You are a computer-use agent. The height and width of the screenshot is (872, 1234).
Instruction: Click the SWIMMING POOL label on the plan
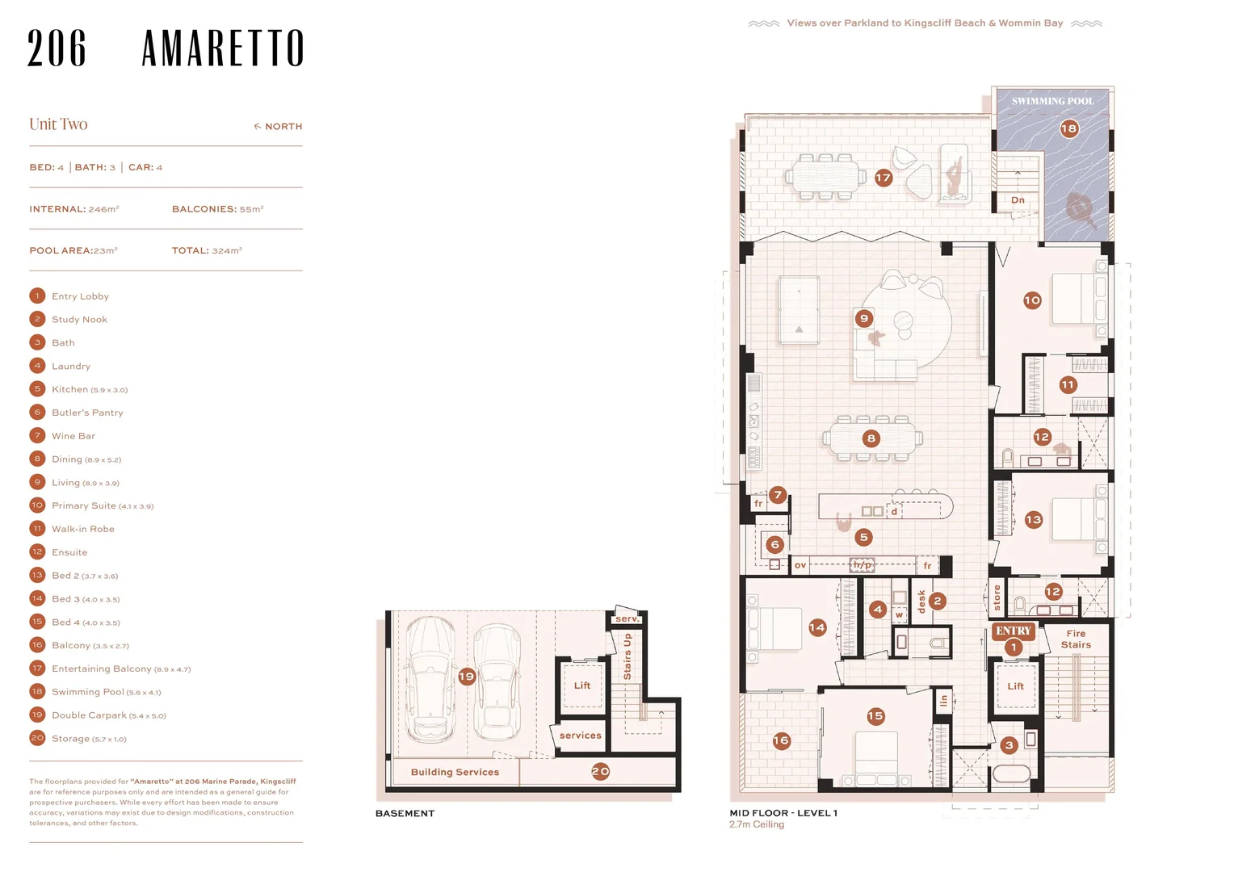1052,102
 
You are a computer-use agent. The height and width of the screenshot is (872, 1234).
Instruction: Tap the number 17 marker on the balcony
883,178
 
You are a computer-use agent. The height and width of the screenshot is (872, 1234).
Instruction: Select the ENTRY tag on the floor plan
1013,631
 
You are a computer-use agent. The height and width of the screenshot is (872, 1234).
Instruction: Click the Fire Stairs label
1076,639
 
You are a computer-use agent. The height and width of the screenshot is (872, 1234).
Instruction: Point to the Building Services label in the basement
455,772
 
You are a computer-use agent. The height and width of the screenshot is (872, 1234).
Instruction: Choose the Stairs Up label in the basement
627,656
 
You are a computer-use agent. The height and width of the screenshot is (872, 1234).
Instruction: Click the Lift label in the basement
581,685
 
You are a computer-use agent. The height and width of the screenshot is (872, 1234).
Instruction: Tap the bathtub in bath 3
1011,773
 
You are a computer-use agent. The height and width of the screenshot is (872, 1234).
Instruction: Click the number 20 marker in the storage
601,771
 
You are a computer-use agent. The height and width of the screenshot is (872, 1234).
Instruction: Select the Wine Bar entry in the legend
73,436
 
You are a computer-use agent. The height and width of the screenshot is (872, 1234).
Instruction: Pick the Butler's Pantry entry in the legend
87,413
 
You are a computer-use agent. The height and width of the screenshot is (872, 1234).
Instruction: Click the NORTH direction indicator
278,126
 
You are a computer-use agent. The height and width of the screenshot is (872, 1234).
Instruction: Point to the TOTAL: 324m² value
207,250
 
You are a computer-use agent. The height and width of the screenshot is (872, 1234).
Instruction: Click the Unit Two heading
58,124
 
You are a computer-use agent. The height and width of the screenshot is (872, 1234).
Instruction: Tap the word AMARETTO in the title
223,48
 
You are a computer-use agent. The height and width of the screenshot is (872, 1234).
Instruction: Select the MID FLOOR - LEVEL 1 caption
783,812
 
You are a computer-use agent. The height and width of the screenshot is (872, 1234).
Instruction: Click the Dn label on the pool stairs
1018,200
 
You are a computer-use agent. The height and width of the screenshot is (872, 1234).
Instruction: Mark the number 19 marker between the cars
467,676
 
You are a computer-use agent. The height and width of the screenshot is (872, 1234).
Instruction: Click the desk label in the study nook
921,602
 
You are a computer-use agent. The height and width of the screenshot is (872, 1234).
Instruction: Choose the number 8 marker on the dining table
871,438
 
